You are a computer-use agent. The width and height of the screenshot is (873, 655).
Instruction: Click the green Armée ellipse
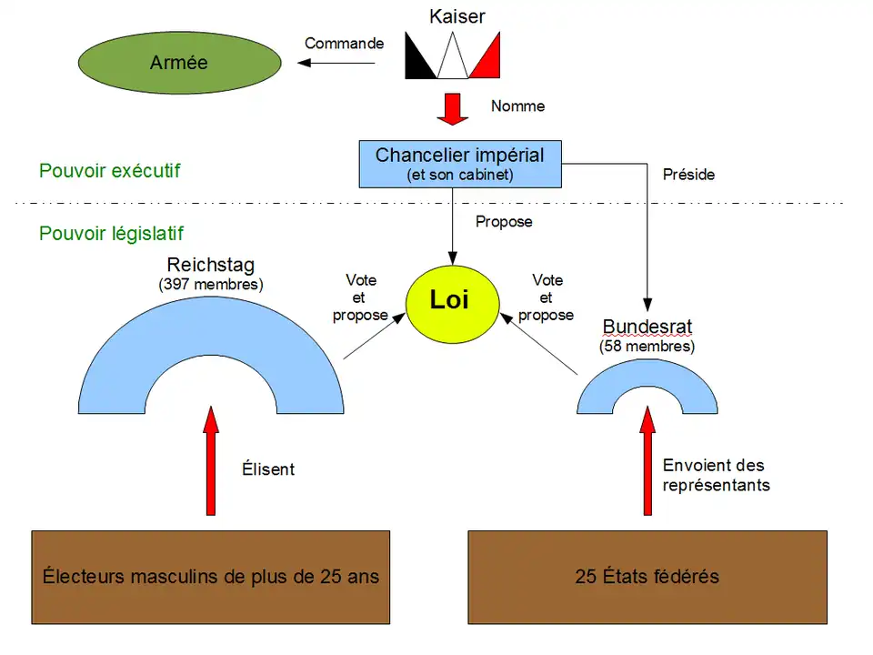(178, 63)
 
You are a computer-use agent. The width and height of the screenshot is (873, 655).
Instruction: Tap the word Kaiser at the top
(457, 16)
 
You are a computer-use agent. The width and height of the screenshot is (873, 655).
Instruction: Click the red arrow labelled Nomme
(452, 107)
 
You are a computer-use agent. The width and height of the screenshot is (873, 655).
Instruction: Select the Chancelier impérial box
(459, 164)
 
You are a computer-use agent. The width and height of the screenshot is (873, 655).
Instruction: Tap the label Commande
(344, 43)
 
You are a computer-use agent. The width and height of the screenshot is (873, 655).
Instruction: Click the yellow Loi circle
(449, 301)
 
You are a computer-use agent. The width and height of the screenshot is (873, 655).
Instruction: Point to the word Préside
(688, 174)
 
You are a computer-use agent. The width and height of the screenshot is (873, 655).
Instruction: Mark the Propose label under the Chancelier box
(504, 221)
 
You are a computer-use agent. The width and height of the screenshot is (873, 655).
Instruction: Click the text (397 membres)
(211, 284)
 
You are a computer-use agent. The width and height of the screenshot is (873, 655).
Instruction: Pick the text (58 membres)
(647, 347)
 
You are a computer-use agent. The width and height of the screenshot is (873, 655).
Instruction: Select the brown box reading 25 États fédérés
(647, 577)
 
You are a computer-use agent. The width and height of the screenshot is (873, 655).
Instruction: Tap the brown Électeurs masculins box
(211, 577)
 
